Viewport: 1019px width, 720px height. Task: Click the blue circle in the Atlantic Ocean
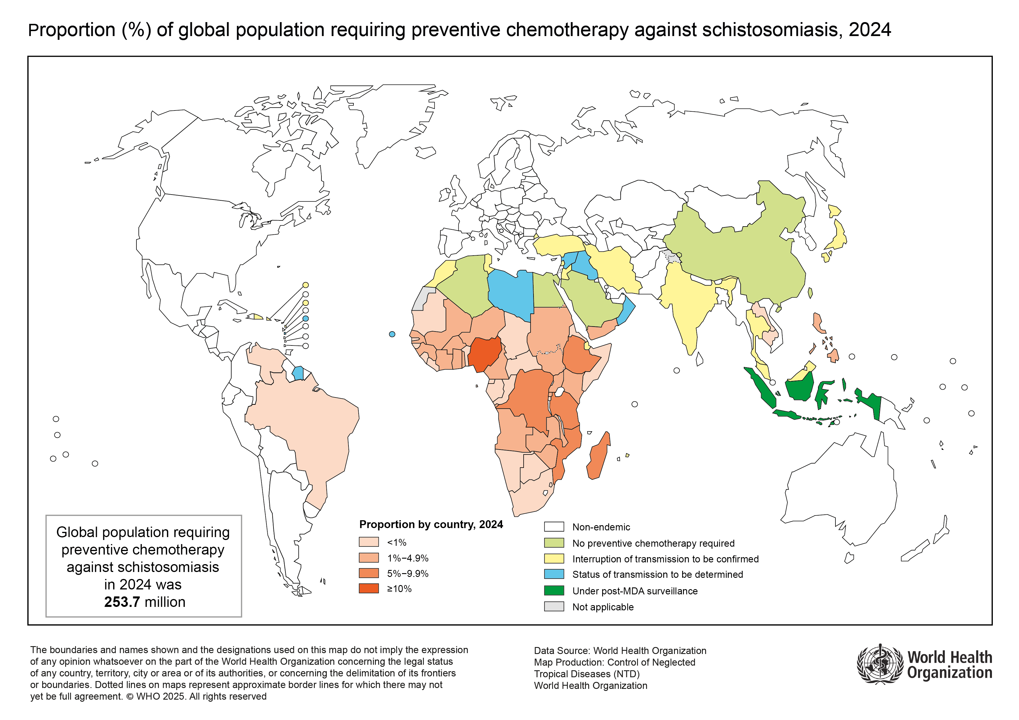tap(392, 334)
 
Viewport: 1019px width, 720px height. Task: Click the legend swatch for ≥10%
tap(369, 589)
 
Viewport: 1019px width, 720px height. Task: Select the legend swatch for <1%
tap(369, 542)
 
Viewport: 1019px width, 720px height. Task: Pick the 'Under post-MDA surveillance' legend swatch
tap(554, 591)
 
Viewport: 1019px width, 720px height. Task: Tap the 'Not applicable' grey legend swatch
tap(554, 606)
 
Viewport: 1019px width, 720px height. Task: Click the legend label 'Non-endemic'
tap(601, 527)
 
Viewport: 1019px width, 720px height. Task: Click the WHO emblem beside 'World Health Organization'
tap(880, 664)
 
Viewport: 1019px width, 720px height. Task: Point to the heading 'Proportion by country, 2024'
tap(431, 524)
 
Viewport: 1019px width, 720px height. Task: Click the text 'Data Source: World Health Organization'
tap(620, 651)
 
